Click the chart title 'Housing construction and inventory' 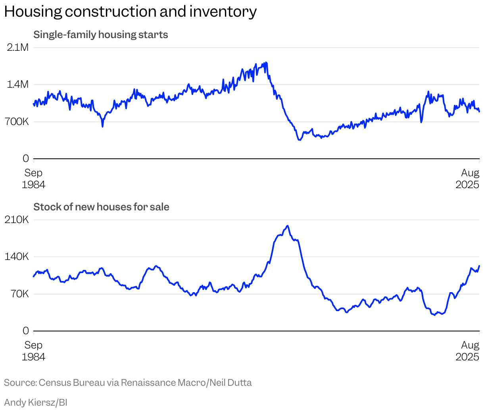pyautogui.click(x=130, y=12)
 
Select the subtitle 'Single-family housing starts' pyautogui.click(x=101, y=35)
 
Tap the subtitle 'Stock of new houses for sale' pyautogui.click(x=101, y=207)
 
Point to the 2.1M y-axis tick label pyautogui.click(x=18, y=48)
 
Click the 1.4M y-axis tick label pyautogui.click(x=18, y=85)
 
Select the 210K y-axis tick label pyautogui.click(x=17, y=219)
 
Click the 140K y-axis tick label pyautogui.click(x=17, y=256)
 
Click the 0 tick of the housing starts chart pyautogui.click(x=26, y=159)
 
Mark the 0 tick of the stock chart pyautogui.click(x=26, y=331)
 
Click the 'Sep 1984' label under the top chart pyautogui.click(x=33, y=179)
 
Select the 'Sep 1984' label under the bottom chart pyautogui.click(x=33, y=351)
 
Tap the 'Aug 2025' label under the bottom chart pyautogui.click(x=468, y=351)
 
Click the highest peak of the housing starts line pyautogui.click(x=266, y=62)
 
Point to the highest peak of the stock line pyautogui.click(x=287, y=226)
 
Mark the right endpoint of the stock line pyautogui.click(x=479, y=266)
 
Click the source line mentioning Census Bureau pyautogui.click(x=128, y=383)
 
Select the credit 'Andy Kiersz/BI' pyautogui.click(x=36, y=402)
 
